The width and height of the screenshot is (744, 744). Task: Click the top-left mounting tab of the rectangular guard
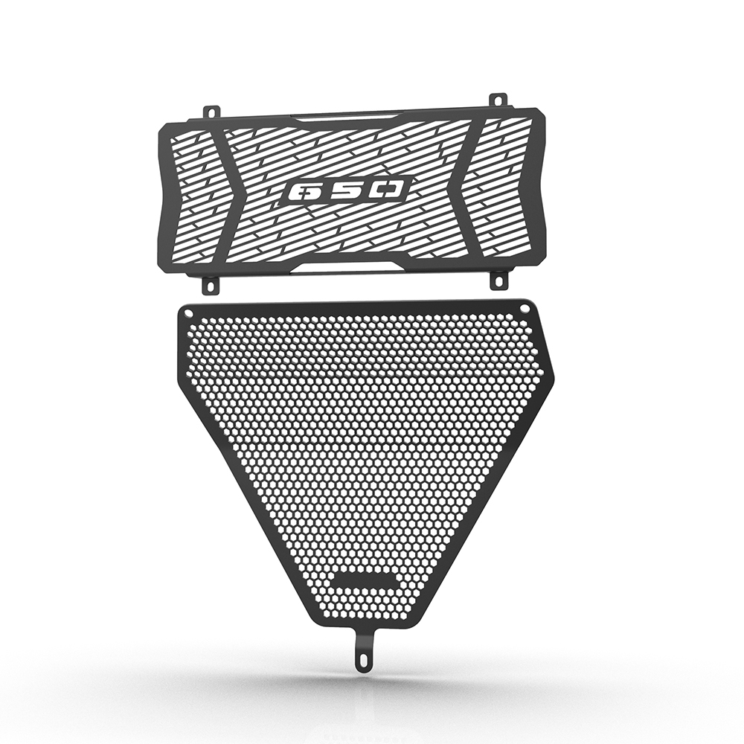click(211, 111)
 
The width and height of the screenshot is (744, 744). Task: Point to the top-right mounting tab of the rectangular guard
click(497, 101)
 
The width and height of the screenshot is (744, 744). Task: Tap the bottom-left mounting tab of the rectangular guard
click(211, 286)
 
